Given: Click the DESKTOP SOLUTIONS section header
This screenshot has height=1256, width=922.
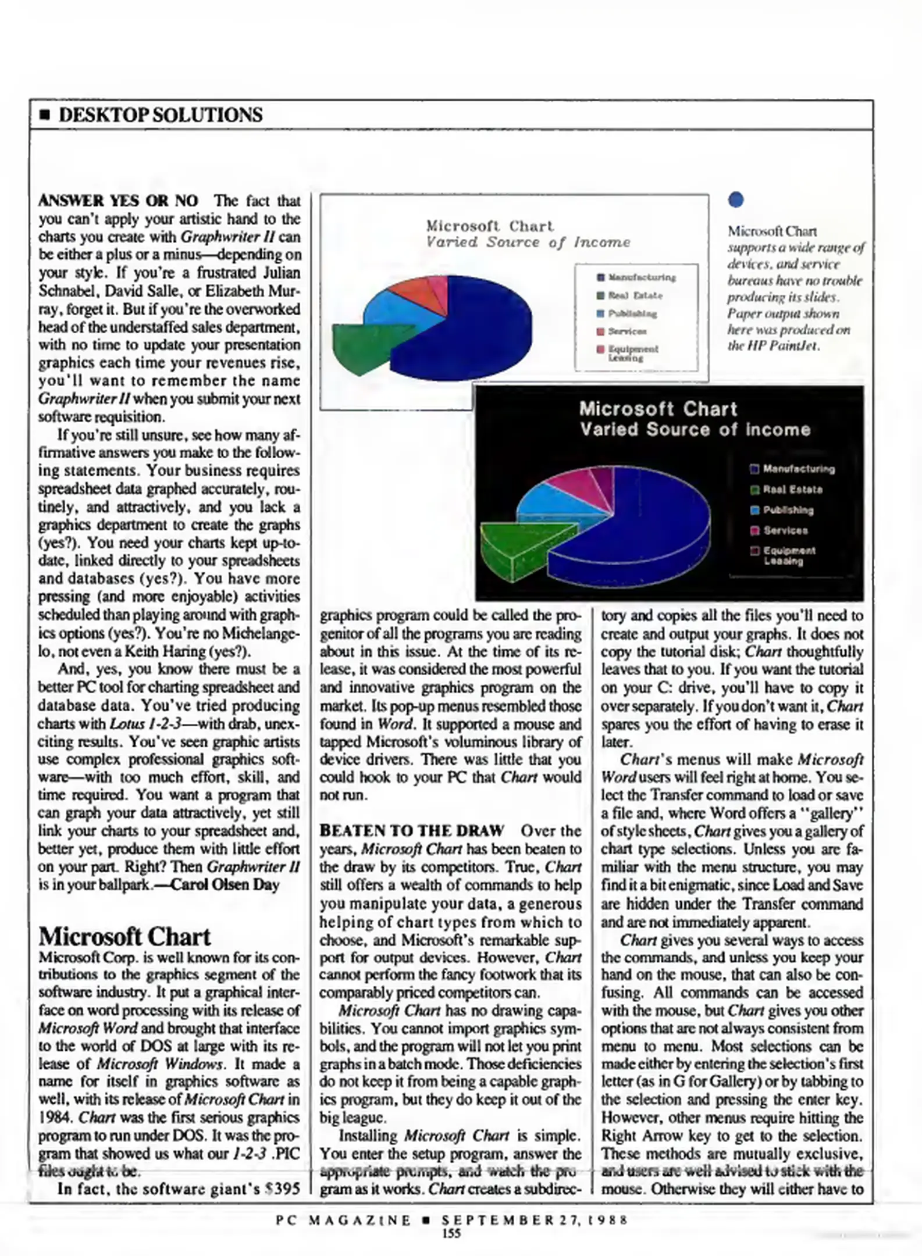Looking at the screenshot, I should (x=160, y=115).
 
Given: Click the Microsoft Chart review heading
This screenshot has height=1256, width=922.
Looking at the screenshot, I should (x=124, y=937).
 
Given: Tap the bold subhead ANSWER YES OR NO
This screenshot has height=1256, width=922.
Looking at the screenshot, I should (x=118, y=201).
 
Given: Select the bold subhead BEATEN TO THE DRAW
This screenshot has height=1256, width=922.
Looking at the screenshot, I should (x=412, y=830).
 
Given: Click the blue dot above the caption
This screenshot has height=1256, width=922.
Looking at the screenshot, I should (x=736, y=200).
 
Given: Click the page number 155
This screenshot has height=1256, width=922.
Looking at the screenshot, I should (x=451, y=1233).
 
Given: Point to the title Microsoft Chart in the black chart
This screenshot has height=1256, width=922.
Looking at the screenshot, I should (x=658, y=409).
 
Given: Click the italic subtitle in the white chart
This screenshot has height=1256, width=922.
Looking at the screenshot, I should (x=528, y=242).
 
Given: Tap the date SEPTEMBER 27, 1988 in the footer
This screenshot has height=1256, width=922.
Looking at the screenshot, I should (x=535, y=1219).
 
